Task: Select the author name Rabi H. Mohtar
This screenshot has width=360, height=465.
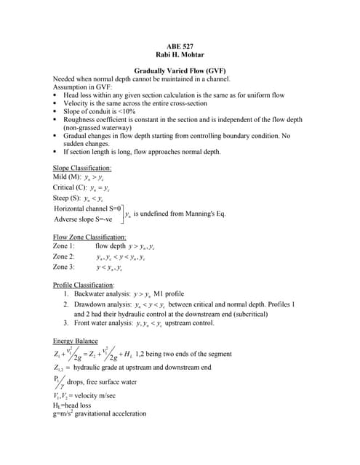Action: click(179, 54)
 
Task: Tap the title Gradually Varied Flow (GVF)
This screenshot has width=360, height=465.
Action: click(179, 70)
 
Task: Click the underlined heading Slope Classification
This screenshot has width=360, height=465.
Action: click(82, 168)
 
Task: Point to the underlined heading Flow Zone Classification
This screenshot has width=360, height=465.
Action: click(89, 237)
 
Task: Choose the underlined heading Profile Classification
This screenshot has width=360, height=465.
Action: click(84, 285)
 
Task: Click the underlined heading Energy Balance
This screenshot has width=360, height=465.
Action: click(76, 341)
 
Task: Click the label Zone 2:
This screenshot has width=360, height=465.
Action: click(64, 256)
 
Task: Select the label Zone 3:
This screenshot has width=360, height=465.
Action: click(64, 267)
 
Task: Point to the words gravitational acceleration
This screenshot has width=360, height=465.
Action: click(109, 414)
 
